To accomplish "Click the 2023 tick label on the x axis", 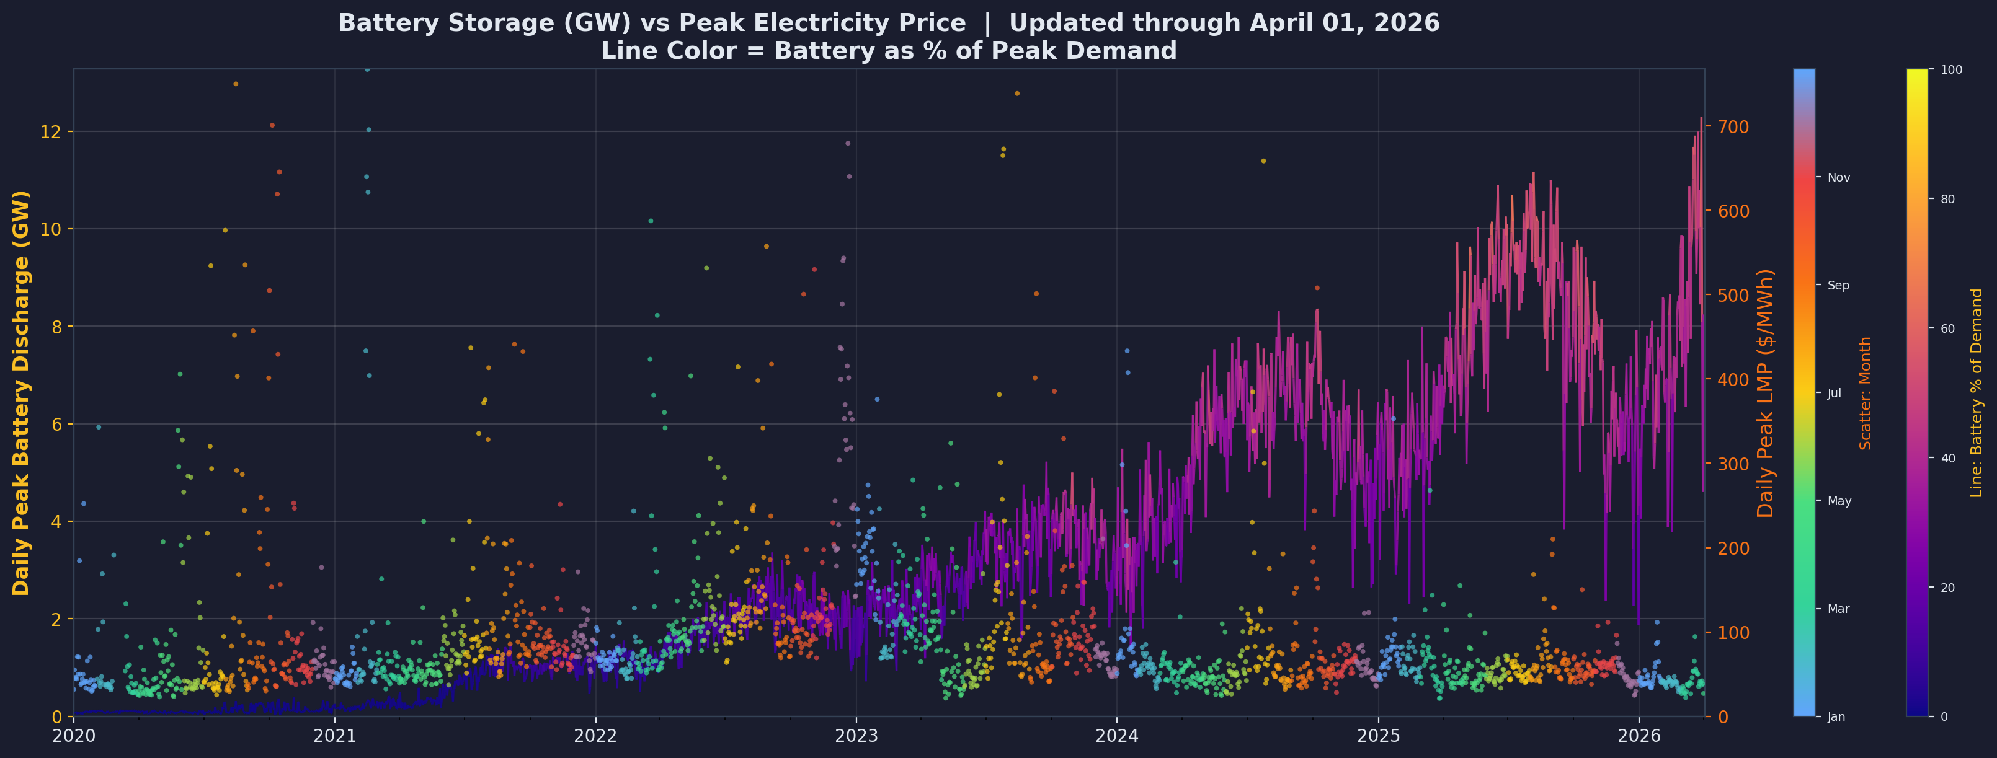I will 856,734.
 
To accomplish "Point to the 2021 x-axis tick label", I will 334,734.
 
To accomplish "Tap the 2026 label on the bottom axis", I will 1639,734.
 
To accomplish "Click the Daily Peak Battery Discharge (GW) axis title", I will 21,393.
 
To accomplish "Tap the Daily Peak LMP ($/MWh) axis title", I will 1766,393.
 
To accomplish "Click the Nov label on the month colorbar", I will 1838,177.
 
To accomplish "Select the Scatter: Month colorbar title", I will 1866,393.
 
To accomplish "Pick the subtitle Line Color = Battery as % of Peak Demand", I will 888,51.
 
